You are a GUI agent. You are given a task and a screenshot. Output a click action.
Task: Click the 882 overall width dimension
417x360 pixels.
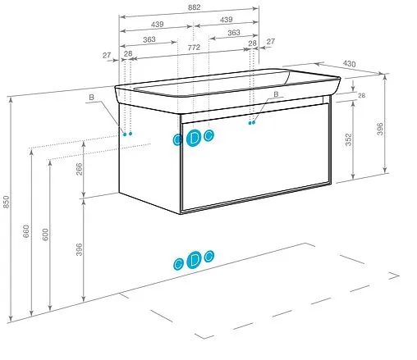click(x=194, y=7)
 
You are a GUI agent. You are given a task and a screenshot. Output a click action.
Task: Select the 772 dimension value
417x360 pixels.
click(x=194, y=48)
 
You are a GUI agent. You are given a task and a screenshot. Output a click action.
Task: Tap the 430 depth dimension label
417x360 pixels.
click(x=349, y=64)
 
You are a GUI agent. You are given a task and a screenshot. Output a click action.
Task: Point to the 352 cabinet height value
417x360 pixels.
click(x=348, y=139)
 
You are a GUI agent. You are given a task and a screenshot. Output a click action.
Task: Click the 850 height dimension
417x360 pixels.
click(x=6, y=202)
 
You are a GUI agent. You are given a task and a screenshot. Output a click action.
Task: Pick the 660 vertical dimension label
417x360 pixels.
click(x=25, y=231)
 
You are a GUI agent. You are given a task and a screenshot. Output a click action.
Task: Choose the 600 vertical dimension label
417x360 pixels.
click(x=45, y=235)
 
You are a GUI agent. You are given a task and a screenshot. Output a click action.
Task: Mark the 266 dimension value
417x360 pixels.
click(x=79, y=169)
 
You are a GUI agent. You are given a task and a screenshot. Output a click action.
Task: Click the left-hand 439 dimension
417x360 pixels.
click(x=158, y=25)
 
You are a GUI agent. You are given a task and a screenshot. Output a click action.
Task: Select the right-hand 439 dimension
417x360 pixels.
click(x=227, y=20)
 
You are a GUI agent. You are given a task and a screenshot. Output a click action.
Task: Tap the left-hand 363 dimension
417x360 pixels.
click(x=149, y=39)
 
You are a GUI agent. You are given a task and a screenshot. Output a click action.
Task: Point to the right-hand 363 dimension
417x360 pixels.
click(x=234, y=33)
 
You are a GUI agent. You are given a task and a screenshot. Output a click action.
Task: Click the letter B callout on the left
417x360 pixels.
click(x=91, y=97)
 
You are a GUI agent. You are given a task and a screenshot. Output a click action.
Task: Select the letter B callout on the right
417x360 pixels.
click(x=276, y=94)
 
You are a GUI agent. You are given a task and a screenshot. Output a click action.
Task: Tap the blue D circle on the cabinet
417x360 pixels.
click(x=194, y=138)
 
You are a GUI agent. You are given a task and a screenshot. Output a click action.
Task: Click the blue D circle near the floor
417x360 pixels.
click(x=194, y=259)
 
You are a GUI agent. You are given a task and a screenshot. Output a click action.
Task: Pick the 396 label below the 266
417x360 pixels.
click(x=79, y=249)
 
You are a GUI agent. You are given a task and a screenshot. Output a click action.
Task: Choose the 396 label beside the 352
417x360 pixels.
click(x=380, y=129)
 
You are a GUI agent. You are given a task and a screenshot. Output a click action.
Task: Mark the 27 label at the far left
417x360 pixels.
click(x=107, y=55)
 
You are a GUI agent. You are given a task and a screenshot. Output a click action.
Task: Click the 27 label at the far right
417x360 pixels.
click(x=270, y=41)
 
